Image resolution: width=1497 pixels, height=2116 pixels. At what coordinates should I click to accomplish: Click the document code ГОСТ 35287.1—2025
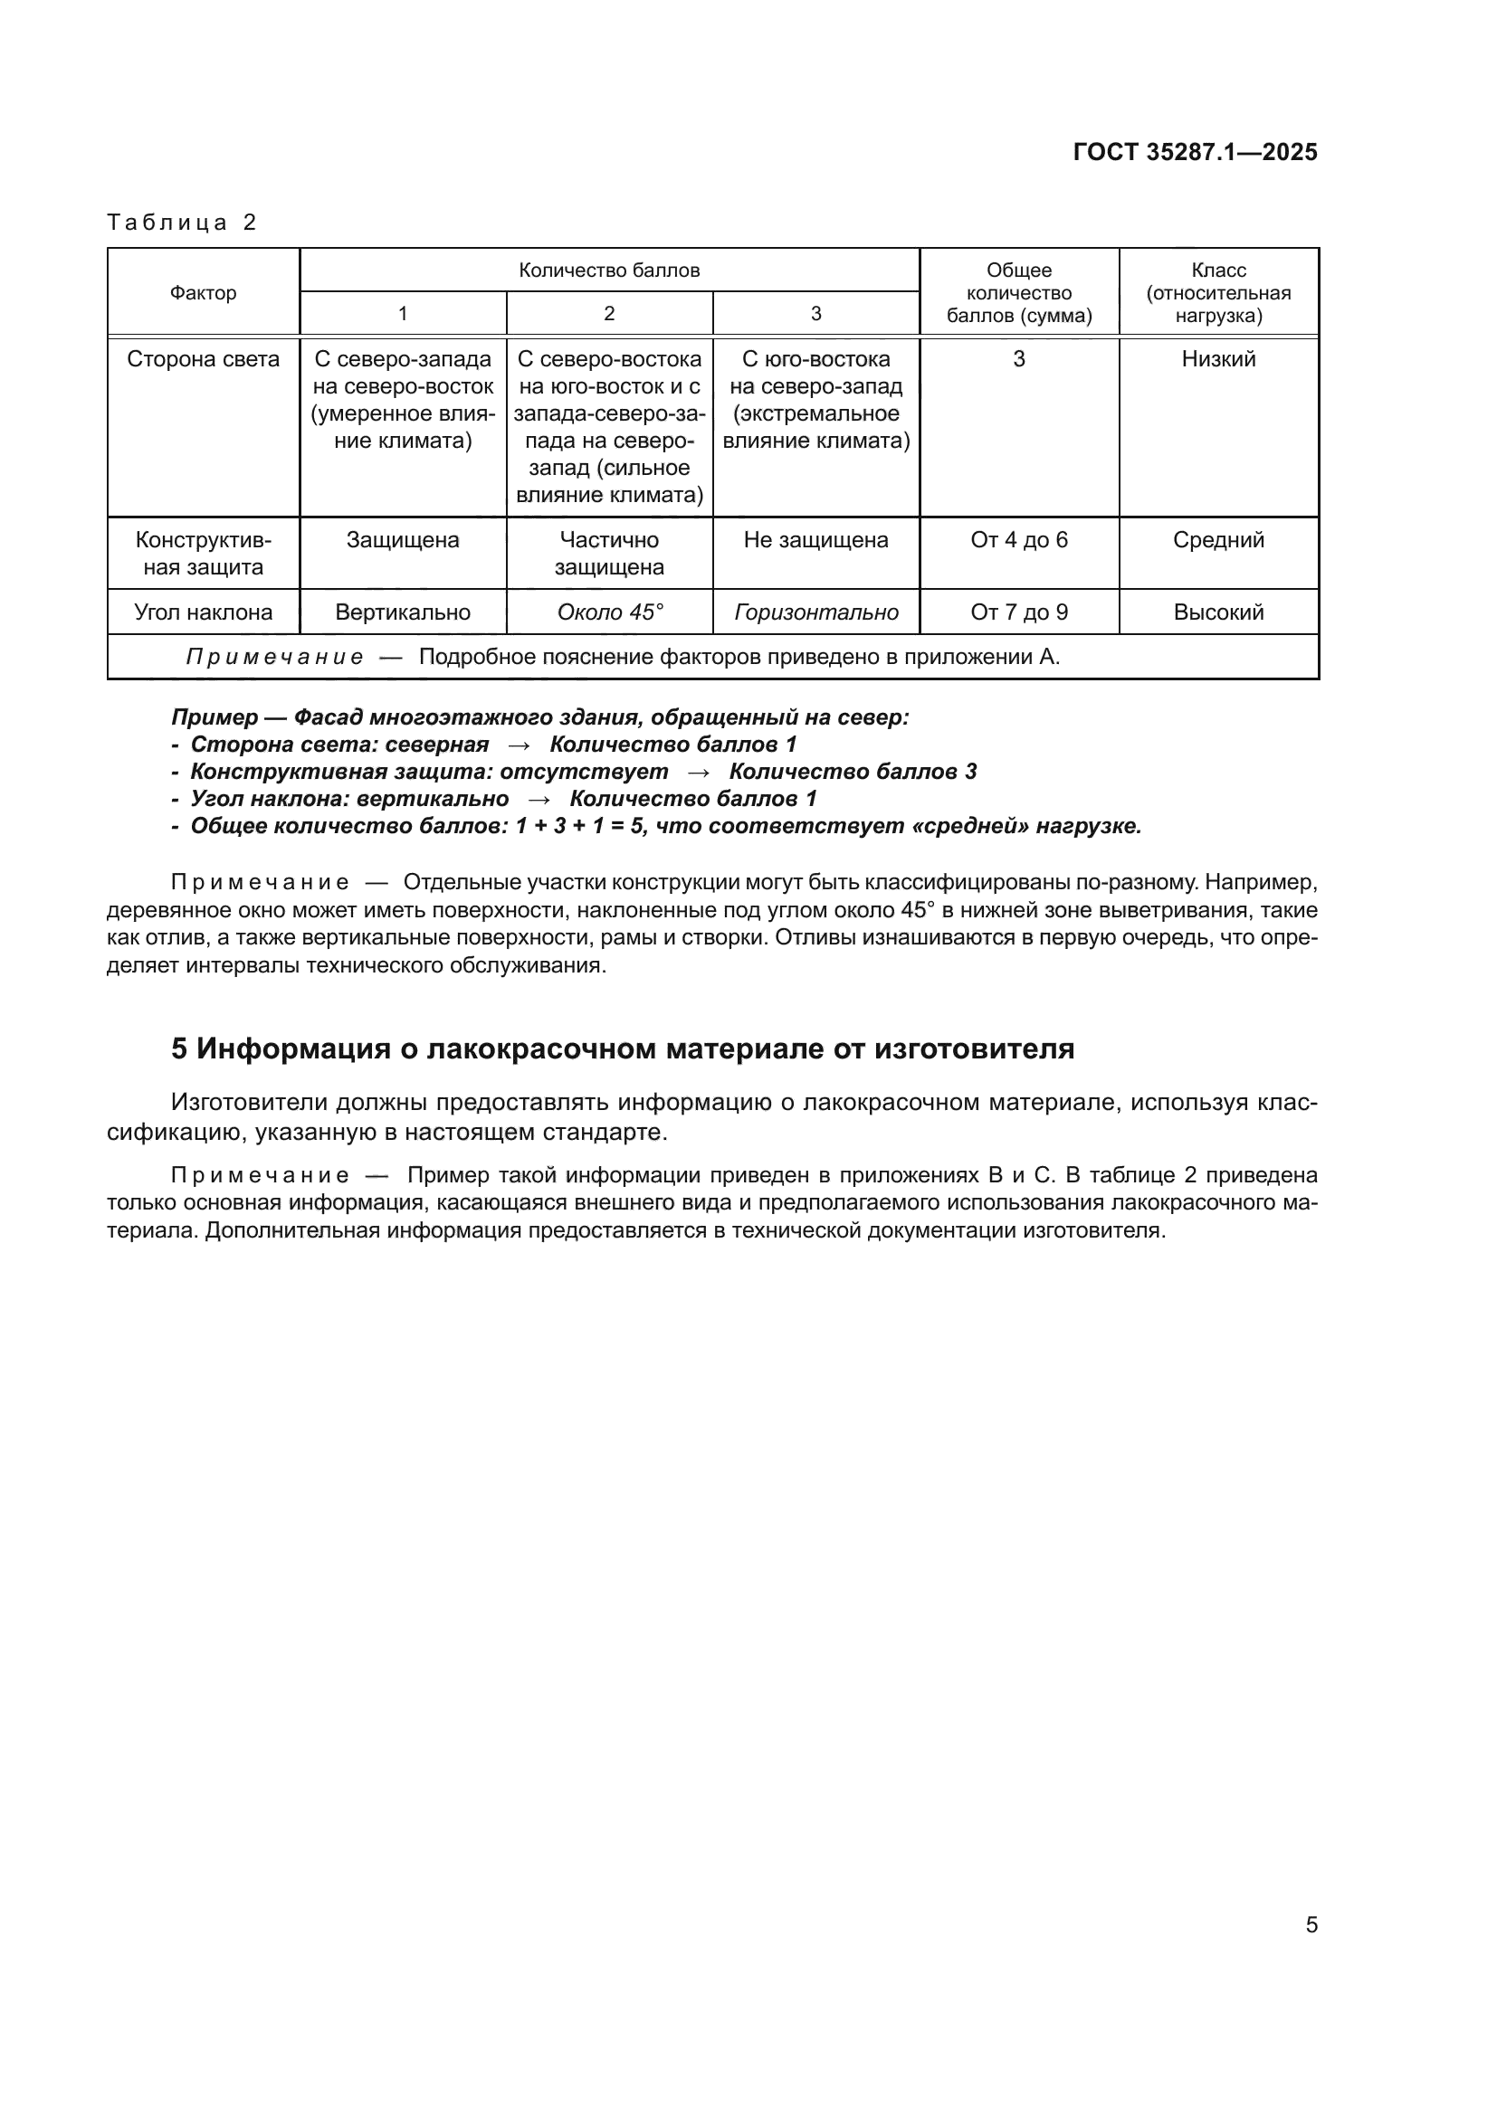point(1195,152)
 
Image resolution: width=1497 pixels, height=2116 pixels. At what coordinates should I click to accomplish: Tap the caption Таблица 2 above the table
point(182,223)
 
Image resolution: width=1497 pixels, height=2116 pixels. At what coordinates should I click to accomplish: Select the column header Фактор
point(203,293)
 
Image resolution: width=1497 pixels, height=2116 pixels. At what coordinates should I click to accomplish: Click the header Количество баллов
point(608,270)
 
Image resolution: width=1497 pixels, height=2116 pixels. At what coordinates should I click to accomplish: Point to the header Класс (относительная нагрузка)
point(1217,293)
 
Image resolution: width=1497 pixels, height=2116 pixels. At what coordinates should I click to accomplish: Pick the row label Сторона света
point(203,359)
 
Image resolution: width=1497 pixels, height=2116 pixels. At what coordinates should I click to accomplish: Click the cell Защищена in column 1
point(403,540)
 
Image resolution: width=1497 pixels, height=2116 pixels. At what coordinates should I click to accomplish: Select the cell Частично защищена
point(608,553)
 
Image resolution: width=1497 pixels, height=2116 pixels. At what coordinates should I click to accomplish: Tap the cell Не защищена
point(815,540)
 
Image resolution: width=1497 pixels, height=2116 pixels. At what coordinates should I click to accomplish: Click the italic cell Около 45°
point(609,612)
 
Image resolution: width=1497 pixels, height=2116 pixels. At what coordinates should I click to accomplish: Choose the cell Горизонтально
point(815,612)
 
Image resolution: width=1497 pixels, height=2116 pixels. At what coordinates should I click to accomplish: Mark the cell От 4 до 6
point(1018,540)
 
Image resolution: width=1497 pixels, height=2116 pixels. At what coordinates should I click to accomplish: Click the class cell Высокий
point(1217,612)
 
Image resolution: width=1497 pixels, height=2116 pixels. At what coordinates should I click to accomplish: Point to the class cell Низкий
point(1217,359)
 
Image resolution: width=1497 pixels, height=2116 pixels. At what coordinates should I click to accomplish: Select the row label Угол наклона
point(203,612)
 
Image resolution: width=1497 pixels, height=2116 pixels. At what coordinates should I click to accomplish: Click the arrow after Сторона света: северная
point(519,745)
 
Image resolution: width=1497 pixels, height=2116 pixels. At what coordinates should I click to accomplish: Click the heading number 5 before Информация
point(179,1049)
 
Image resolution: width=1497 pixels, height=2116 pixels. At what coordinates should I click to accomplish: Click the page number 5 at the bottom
point(1311,1924)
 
